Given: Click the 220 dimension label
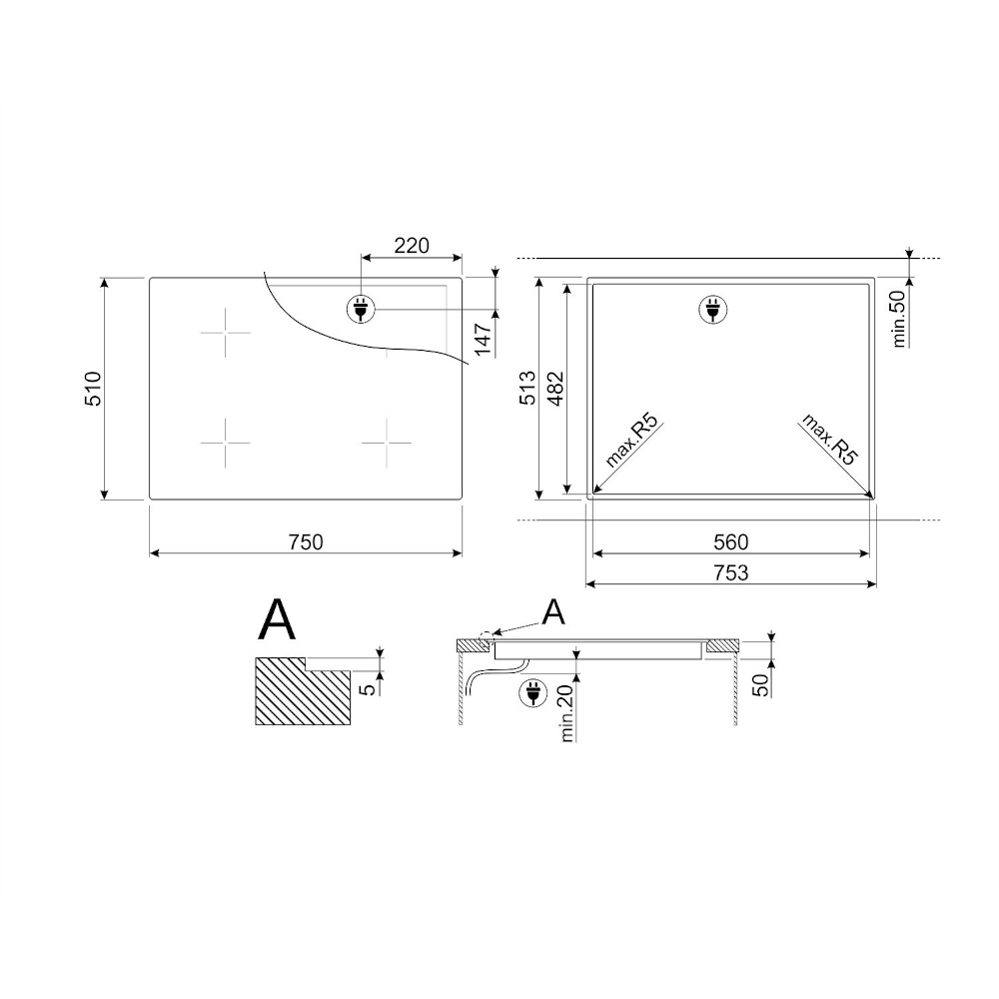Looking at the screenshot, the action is [412, 246].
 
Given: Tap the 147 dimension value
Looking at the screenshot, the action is [483, 340].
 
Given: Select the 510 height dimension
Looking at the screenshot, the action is [92, 389].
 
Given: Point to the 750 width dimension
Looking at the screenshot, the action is [306, 542].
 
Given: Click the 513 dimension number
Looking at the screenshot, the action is [527, 389].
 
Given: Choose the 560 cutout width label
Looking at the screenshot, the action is [731, 542].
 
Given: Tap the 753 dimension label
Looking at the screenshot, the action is [731, 572].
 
